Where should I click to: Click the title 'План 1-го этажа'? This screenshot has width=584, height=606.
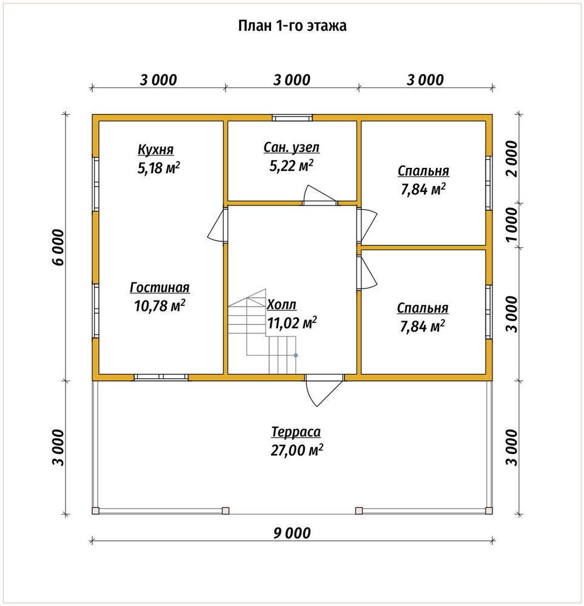292,26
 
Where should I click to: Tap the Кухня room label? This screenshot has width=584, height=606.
155,150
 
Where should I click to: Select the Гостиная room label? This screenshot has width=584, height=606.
159,287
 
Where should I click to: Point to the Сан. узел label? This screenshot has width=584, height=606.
292,148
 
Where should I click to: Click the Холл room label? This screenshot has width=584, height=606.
281,305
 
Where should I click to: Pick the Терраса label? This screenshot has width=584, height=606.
296,432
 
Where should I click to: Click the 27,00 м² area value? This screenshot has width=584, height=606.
297,450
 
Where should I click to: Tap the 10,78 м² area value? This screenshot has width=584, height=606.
159,305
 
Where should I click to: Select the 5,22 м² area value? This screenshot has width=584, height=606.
291,166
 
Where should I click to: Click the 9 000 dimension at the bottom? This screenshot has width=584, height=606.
292,533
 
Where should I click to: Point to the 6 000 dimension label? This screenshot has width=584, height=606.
58,247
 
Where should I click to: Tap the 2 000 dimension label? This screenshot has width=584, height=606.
511,159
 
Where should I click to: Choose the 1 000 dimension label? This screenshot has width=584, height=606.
511,225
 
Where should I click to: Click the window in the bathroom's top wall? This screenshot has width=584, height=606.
292,118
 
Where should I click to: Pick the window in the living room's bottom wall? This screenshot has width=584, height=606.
161,377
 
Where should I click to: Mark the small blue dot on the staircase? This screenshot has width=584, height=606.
296,355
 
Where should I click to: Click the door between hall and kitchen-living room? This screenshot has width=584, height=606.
217,225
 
